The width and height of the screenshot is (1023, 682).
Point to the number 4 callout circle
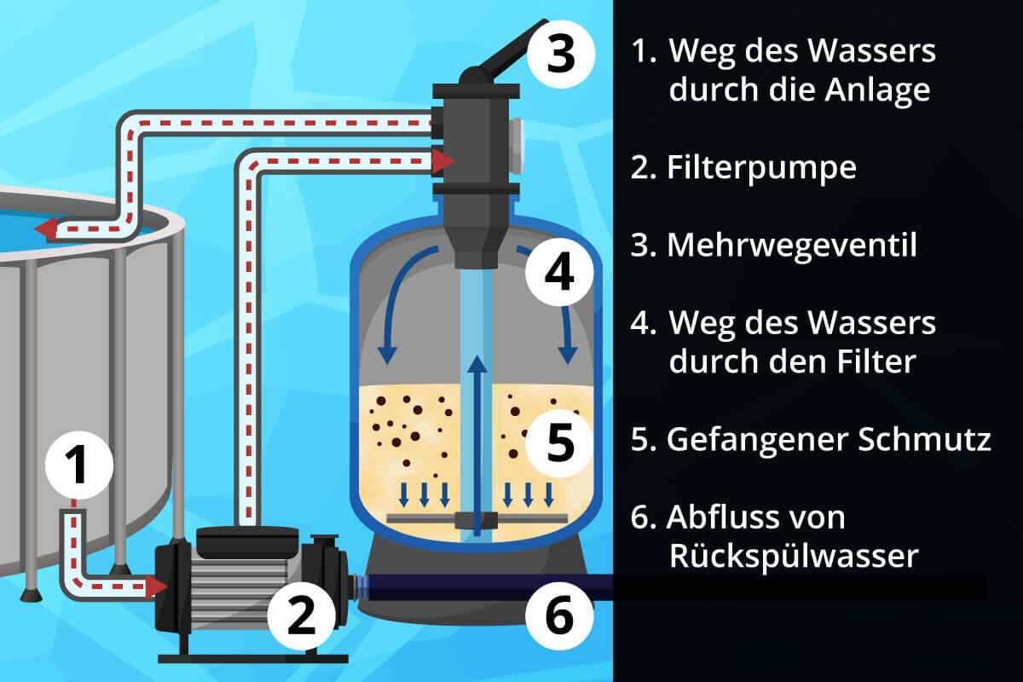point(558,272)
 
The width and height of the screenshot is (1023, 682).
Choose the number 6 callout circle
point(558,616)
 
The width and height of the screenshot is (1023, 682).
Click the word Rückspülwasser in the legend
point(794,556)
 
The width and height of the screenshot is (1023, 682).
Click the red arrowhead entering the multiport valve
point(442,159)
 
